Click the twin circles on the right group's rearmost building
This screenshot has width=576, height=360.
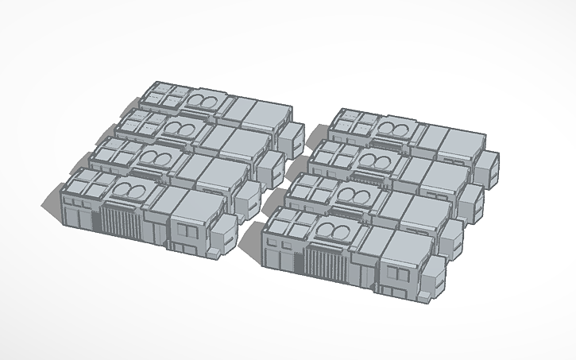pyautogui.click(x=395, y=129)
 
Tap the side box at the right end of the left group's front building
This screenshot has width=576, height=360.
pyautogui.click(x=224, y=232)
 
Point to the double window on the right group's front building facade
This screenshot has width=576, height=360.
pyautogui.click(x=396, y=274)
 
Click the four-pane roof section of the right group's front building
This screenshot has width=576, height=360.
pyautogui.click(x=287, y=223)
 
